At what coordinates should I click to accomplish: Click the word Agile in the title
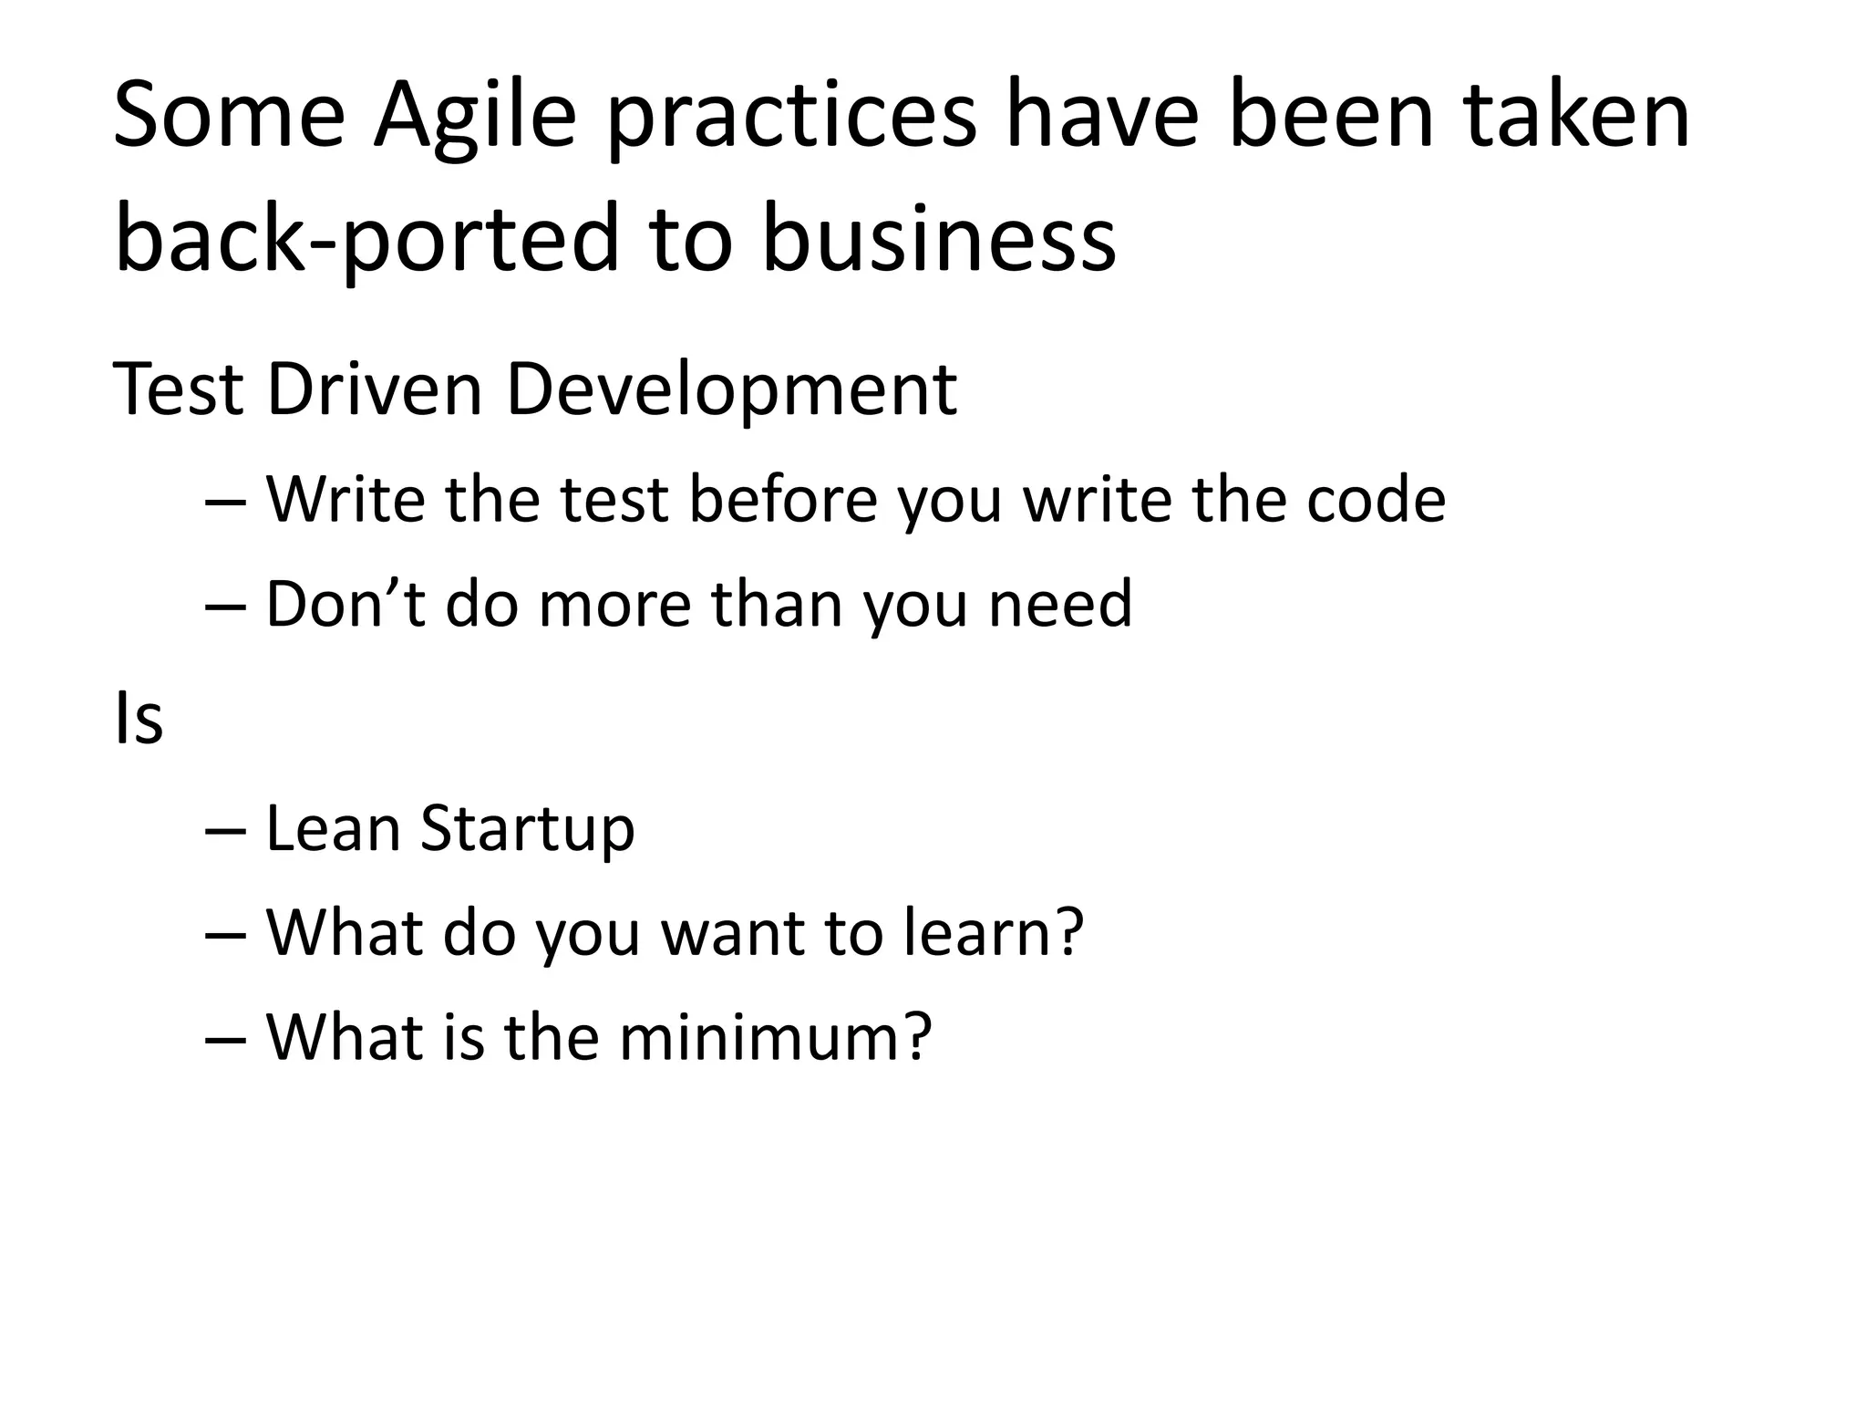click(475, 117)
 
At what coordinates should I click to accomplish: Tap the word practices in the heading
click(791, 117)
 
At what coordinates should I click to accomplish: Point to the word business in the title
click(938, 239)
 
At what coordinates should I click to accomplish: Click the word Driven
click(374, 389)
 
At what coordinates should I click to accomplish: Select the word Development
click(730, 389)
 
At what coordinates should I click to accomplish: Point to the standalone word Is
click(139, 719)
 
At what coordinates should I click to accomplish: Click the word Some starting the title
click(229, 117)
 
